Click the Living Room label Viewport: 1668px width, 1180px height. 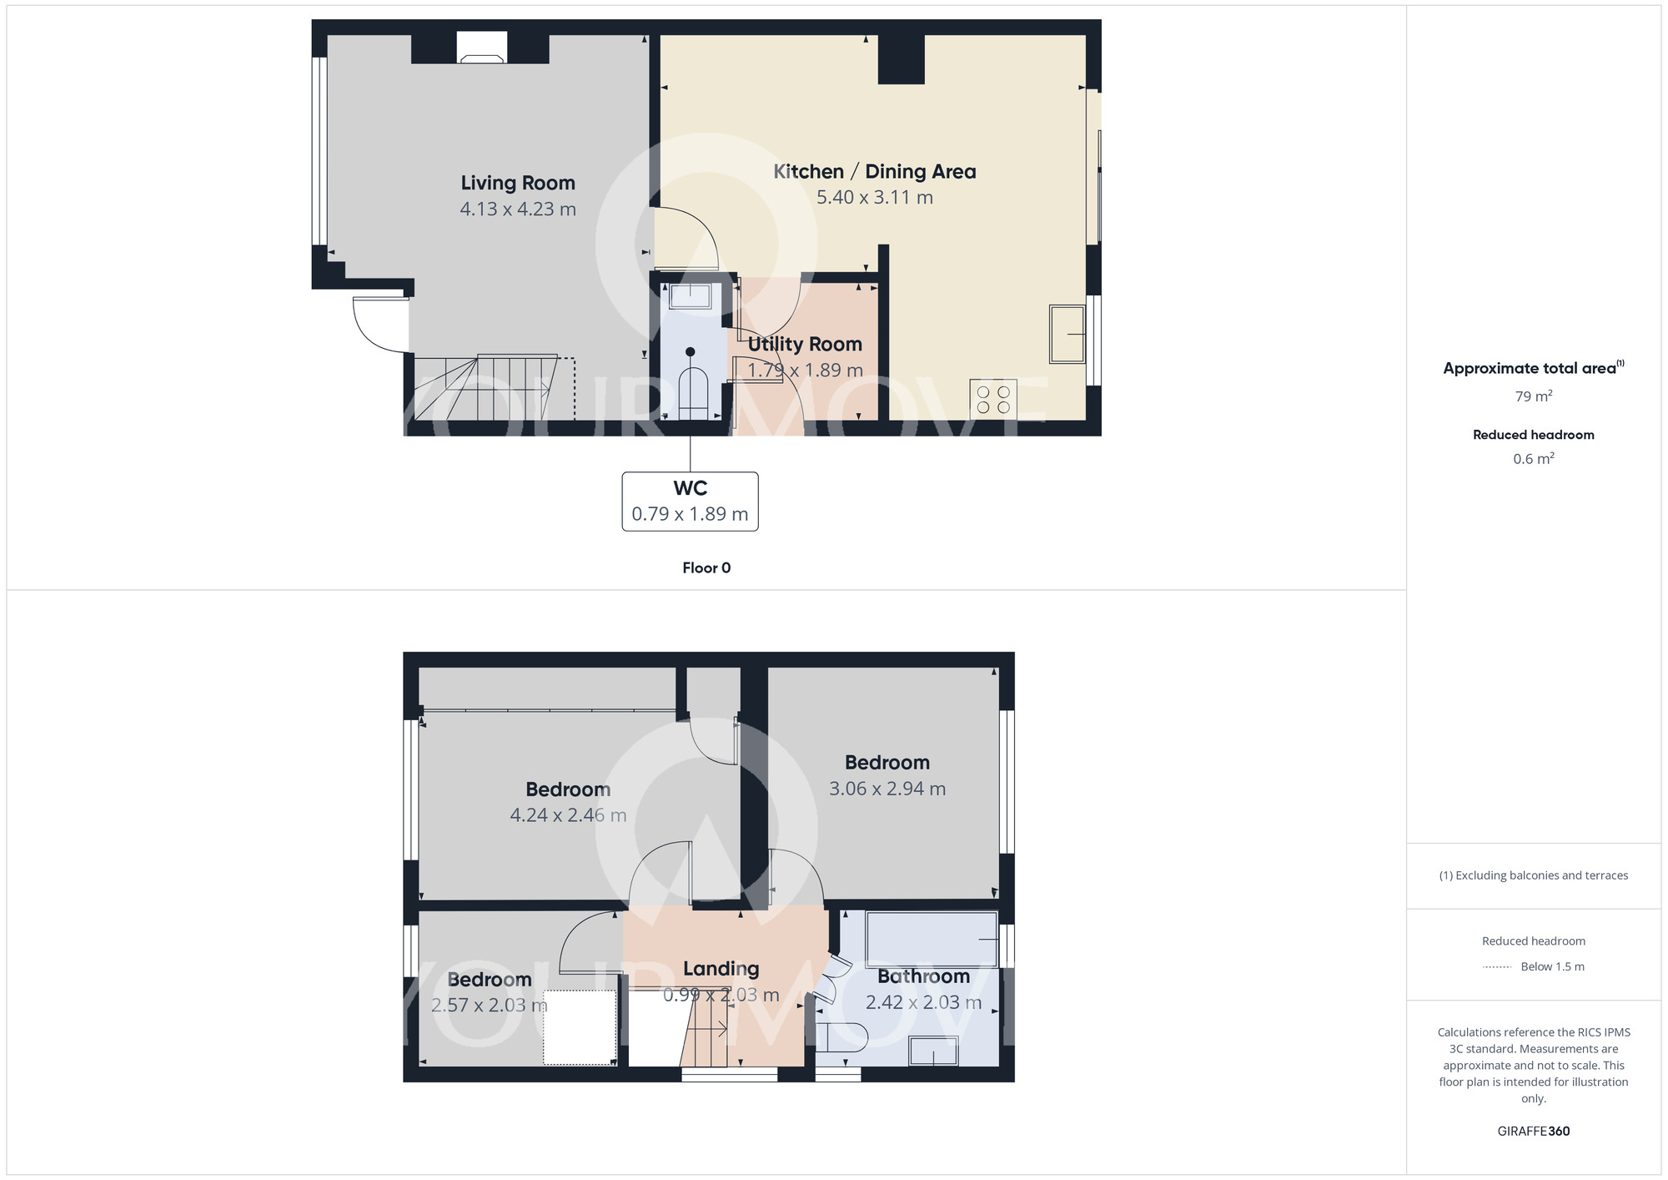coord(518,183)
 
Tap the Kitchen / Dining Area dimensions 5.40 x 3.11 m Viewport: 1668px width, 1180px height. coord(874,198)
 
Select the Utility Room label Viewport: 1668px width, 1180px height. coord(805,344)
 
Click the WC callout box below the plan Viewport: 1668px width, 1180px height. coord(690,502)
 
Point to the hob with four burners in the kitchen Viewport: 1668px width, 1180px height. coord(992,400)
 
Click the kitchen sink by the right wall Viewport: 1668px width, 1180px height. coord(1067,335)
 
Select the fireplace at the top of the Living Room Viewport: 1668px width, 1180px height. coord(481,48)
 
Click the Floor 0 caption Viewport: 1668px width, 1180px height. coord(706,568)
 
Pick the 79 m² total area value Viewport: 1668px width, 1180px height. coord(1533,396)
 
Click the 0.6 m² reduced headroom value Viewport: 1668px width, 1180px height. coord(1533,459)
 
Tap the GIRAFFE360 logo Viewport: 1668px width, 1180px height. coord(1533,1132)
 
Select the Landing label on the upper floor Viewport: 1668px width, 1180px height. coord(721,969)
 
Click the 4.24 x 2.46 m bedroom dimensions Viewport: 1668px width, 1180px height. coord(568,815)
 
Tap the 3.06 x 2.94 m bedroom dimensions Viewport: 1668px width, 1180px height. coord(887,789)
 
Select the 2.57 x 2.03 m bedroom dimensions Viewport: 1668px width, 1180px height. coord(489,1006)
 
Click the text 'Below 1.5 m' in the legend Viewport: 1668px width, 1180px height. coord(1552,967)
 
